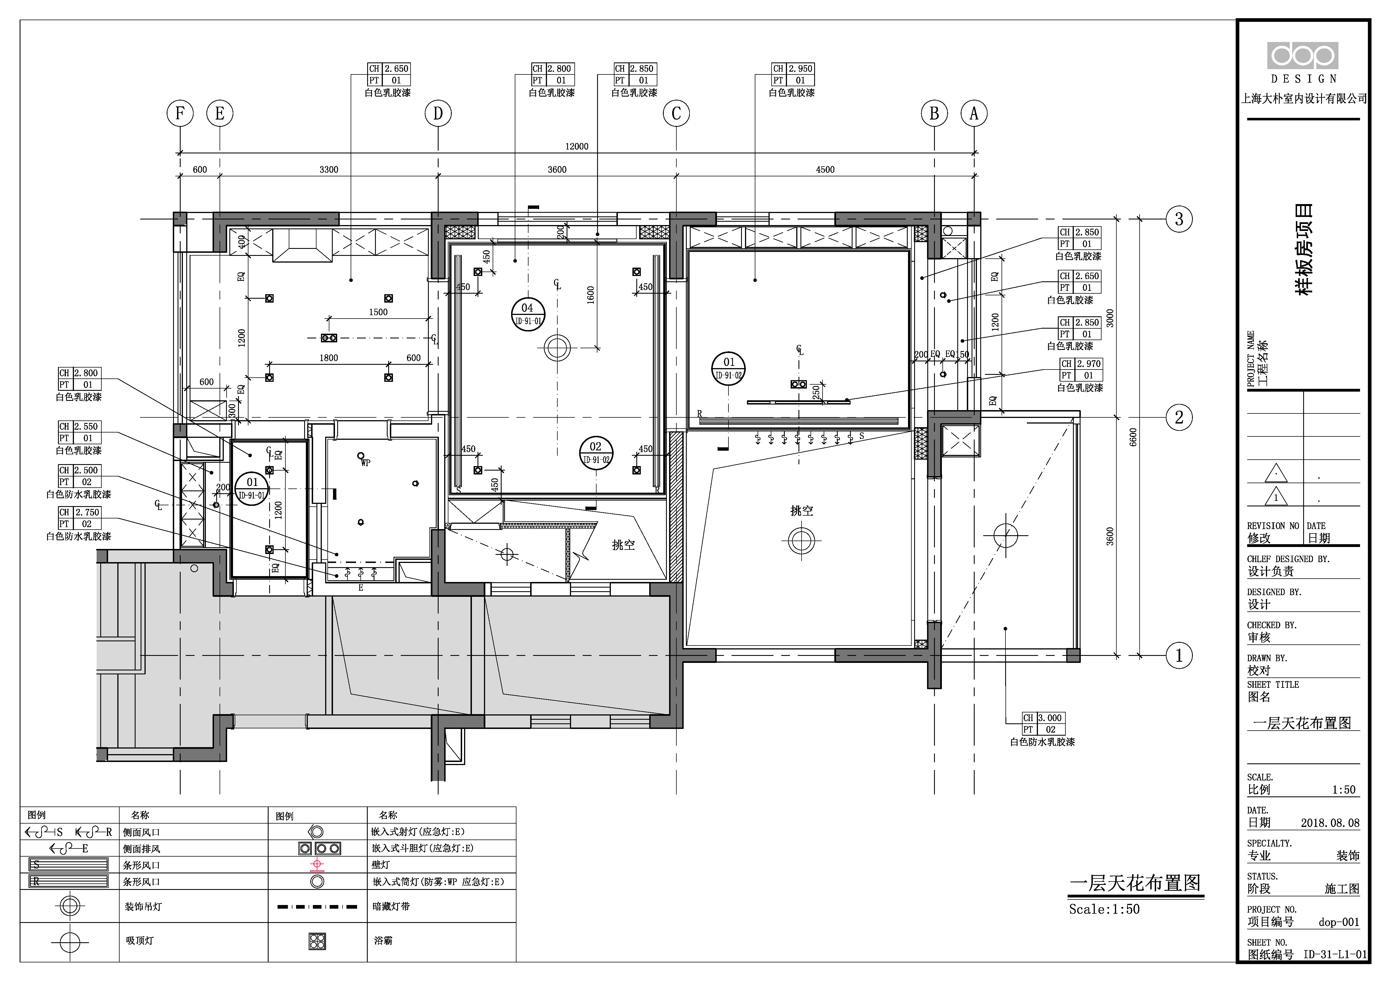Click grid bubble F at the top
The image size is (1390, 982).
coord(180,113)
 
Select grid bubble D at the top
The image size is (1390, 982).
coord(438,113)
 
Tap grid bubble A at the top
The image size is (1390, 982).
coord(974,113)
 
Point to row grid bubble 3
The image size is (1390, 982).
coord(1179,219)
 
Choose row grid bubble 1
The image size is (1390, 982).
coord(1179,655)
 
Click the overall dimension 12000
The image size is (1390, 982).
coord(576,146)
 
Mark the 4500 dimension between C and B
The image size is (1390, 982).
coord(825,169)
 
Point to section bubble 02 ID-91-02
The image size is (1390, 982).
coord(596,453)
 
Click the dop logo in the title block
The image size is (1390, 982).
coord(1302,56)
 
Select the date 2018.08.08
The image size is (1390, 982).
coord(1330,823)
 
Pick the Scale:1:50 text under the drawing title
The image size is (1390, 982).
coord(1104,909)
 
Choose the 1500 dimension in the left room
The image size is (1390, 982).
coord(378,312)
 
